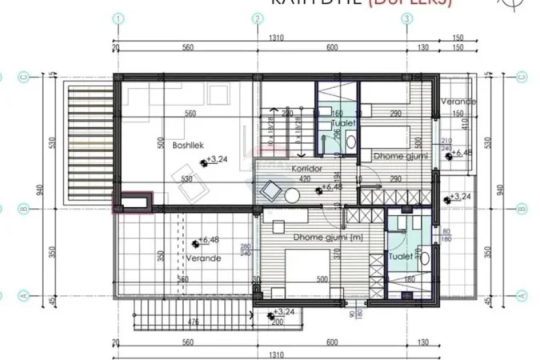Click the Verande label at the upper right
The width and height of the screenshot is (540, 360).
(458, 102)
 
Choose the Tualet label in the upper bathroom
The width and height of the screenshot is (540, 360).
(344, 124)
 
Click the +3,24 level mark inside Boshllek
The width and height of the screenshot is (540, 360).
(217, 160)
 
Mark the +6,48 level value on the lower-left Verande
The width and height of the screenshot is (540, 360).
(209, 239)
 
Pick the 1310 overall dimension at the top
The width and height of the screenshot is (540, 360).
(277, 38)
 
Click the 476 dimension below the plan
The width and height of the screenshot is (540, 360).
(192, 323)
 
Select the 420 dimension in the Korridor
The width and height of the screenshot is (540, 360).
(304, 180)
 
